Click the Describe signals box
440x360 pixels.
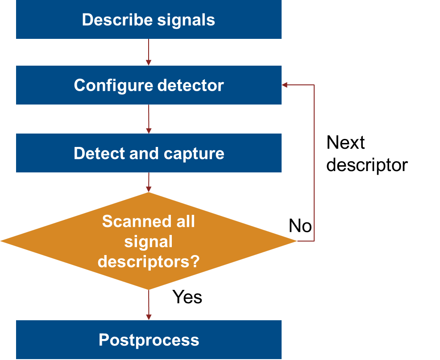point(149,20)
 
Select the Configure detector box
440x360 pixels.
point(149,85)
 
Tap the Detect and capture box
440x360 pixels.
point(149,153)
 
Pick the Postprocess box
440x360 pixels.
point(149,339)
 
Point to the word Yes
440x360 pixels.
point(187,297)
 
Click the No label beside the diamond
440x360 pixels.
point(300,226)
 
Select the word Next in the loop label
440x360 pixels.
point(346,143)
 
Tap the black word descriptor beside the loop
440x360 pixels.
point(367,165)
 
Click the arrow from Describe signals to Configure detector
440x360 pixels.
point(149,52)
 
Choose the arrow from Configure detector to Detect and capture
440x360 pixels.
point(149,119)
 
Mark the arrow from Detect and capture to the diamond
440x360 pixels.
point(149,182)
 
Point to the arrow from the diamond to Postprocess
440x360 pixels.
point(149,305)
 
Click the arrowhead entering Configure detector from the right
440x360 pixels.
point(285,85)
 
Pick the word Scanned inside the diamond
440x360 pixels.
point(127,222)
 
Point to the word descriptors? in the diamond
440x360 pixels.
point(149,262)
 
